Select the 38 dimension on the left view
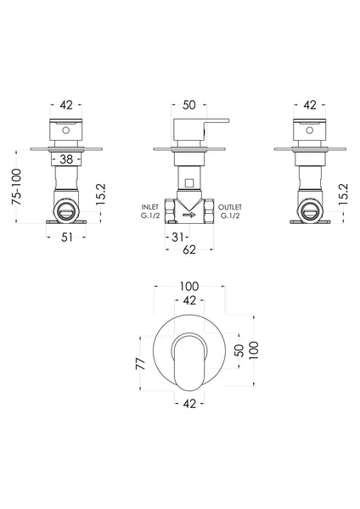(x=65, y=157)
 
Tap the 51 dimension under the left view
(x=65, y=238)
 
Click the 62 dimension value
(x=189, y=251)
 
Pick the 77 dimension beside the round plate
(x=140, y=363)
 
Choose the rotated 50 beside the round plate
(x=239, y=350)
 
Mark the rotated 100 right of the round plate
(x=252, y=350)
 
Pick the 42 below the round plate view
(x=188, y=404)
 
